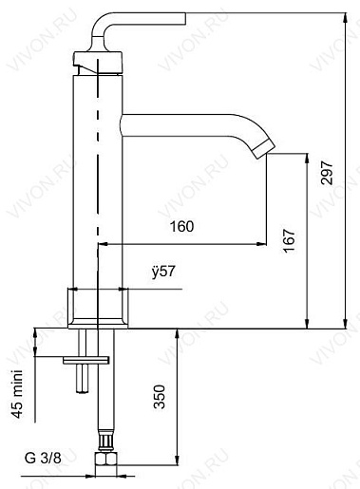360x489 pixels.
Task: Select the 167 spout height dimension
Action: pos(290,242)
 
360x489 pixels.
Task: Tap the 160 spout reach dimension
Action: pos(183,226)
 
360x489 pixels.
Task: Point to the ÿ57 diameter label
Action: pos(163,273)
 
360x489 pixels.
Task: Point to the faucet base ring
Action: pos(98,306)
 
